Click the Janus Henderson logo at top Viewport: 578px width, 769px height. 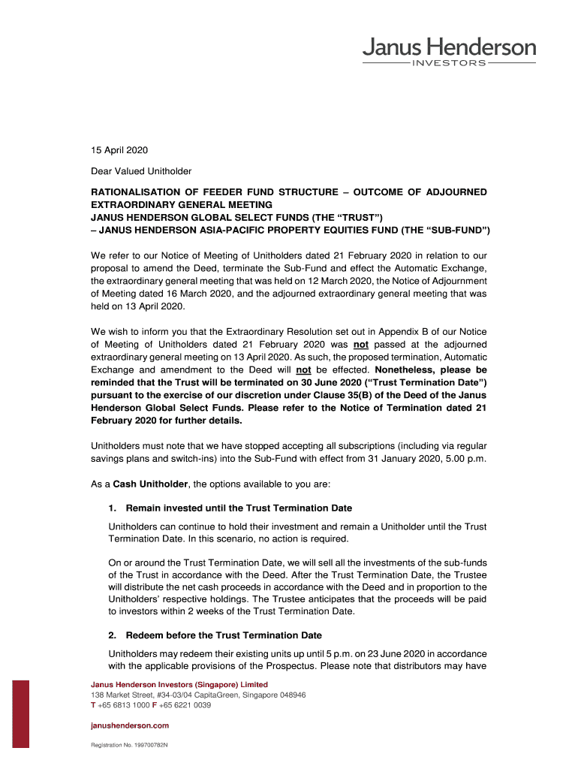(449, 49)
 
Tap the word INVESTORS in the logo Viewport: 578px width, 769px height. (449, 63)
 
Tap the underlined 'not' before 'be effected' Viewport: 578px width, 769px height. (303, 370)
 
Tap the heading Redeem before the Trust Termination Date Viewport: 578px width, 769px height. (224, 635)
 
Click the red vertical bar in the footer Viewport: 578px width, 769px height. (21, 713)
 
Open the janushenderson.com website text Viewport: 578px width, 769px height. (130, 725)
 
